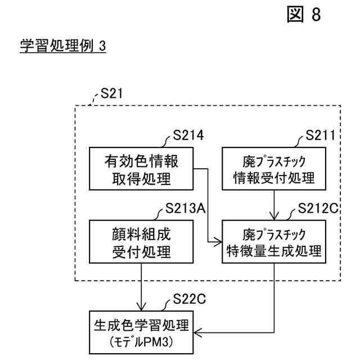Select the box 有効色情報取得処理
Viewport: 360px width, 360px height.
[x=141, y=169]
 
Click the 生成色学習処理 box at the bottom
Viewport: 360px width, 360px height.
[x=141, y=332]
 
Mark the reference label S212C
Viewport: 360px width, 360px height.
[x=319, y=209]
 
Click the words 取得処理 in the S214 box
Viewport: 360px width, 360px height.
[x=141, y=178]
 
